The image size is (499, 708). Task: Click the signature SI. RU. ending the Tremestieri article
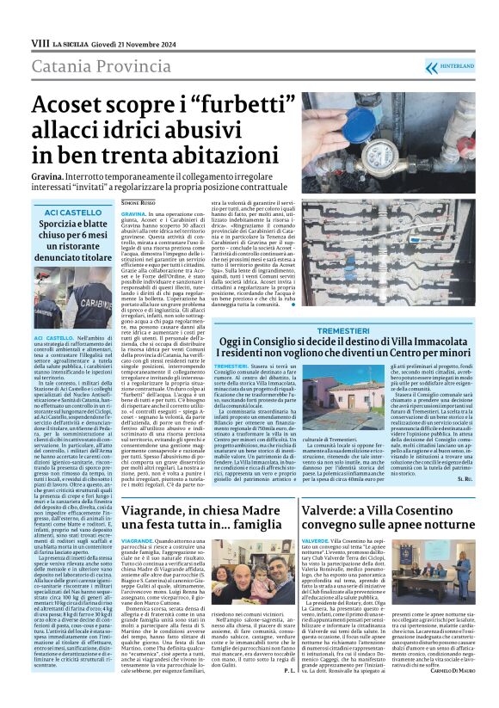(488, 502)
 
